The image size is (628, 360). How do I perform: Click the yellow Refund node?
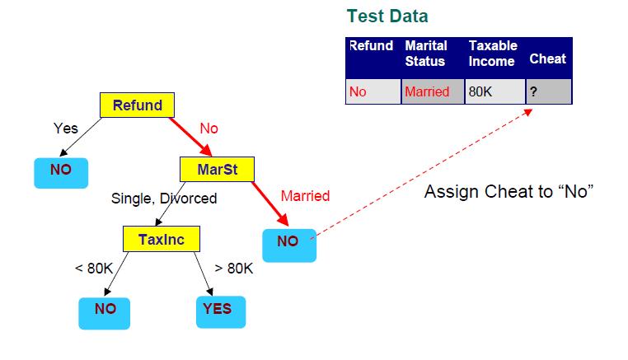coord(137,105)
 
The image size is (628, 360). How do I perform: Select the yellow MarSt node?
coord(217,170)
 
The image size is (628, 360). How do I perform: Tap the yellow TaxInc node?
coord(162,239)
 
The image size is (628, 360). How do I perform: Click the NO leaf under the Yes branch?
coord(61,173)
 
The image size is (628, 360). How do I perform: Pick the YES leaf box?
coord(221,312)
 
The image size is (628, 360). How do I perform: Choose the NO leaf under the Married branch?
coord(289,245)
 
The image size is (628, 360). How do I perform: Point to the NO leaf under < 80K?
coord(104,313)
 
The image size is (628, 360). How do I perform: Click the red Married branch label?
coord(305,196)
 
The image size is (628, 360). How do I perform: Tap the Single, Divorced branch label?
coord(164,199)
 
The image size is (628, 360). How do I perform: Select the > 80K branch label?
coord(234,269)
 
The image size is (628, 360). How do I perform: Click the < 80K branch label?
coord(94,269)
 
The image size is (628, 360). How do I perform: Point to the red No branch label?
coord(209,129)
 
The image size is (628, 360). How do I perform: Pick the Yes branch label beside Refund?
coord(66,129)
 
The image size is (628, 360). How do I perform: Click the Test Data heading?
coord(387,16)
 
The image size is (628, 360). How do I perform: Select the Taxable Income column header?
coord(493,54)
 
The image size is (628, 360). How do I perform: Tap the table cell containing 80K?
coord(495,91)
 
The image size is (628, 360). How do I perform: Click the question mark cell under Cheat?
coord(549,91)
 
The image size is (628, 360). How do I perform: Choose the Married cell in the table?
coord(433,91)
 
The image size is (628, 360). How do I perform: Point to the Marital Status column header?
coord(426,54)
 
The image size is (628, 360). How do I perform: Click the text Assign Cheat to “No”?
coord(508,191)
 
